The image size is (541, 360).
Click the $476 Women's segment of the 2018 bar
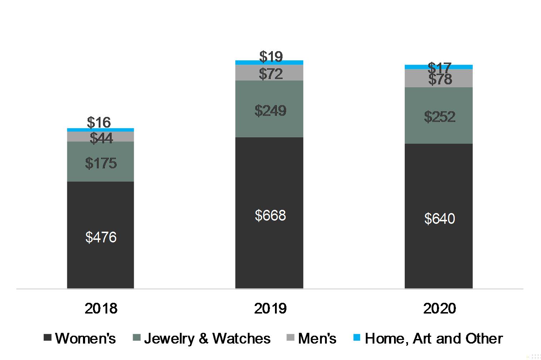100,235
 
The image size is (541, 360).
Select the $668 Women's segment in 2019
269,213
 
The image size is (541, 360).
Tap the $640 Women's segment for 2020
439,216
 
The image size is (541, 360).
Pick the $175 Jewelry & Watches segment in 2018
100,162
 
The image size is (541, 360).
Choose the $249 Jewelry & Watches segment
269,109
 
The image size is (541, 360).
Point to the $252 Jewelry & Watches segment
439,115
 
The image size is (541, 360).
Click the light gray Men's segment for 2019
269,73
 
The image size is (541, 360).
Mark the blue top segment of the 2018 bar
100,130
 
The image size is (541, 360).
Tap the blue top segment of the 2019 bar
269,63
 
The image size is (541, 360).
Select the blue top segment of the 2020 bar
439,67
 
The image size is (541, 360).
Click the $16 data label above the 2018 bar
99,122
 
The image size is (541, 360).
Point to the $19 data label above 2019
271,56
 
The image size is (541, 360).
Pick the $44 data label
101,138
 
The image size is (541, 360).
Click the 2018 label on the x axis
101,308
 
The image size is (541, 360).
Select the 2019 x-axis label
270,308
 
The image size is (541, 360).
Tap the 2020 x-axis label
439,308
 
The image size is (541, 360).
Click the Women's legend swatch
47,337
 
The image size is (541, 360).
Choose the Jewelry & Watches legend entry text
207,338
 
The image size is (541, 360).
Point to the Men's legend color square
290,337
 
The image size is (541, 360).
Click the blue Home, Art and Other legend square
357,337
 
